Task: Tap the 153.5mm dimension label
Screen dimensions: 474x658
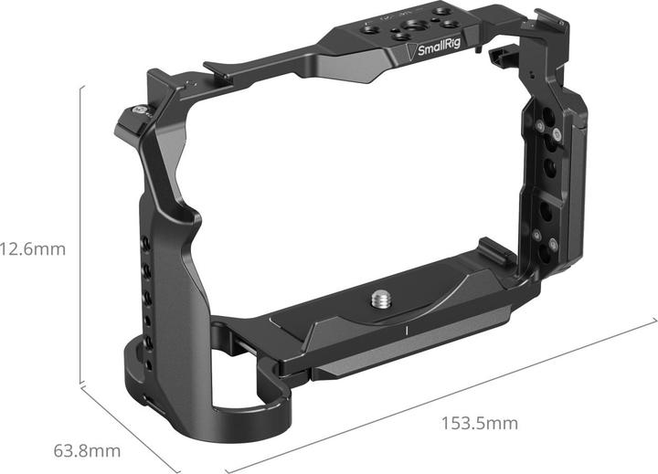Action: point(480,423)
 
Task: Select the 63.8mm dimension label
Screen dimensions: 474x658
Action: point(87,451)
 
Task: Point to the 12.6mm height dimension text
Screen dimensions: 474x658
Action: point(32,248)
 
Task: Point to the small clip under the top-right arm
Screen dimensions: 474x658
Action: point(500,60)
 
